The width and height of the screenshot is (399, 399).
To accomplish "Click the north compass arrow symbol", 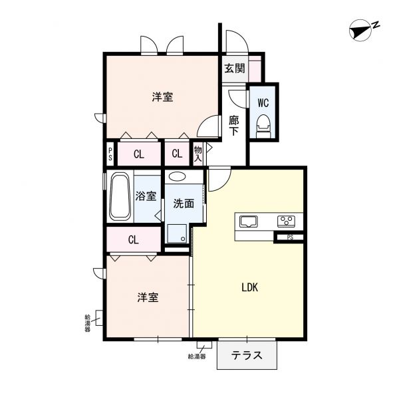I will pyautogui.click(x=362, y=29).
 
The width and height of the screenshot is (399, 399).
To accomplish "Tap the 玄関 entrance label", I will pyautogui.click(x=233, y=68).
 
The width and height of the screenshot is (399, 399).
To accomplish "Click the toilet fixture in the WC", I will pyautogui.click(x=263, y=125).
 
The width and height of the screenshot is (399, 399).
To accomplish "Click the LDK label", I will pyautogui.click(x=249, y=288).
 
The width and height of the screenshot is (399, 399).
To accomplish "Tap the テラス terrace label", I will pyautogui.click(x=245, y=356).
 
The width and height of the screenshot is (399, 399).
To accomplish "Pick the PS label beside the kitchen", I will pyautogui.click(x=290, y=237).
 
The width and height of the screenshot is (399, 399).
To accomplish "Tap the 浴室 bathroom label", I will pyautogui.click(x=146, y=196).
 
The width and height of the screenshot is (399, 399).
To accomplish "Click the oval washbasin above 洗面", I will pyautogui.click(x=177, y=177).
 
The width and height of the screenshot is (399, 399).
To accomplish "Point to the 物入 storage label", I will pyautogui.click(x=198, y=154).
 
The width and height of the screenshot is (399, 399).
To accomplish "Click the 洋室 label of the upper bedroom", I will pyautogui.click(x=162, y=97).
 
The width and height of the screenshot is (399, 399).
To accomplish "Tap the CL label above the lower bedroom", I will pyautogui.click(x=134, y=239).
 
